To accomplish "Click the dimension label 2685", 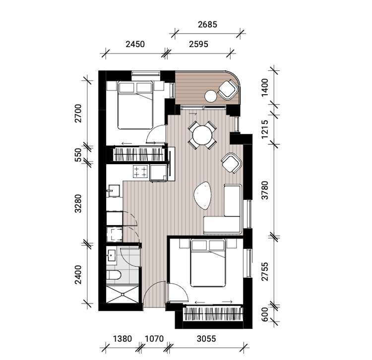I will click(207, 24).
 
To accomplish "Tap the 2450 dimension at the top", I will click(134, 44).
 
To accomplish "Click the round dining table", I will click(202, 134).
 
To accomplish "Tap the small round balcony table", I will click(212, 96).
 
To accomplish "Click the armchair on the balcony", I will click(229, 90).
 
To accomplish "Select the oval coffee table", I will click(203, 195).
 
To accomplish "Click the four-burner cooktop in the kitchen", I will click(140, 172).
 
